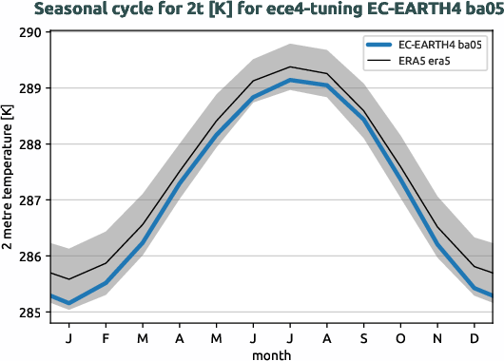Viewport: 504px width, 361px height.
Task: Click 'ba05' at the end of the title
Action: [x=476, y=10]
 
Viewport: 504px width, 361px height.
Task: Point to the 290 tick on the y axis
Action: [x=29, y=32]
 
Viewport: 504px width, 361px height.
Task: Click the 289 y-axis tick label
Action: [x=29, y=88]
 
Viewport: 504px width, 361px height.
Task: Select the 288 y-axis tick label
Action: [x=29, y=144]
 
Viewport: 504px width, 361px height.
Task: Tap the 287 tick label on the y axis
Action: [x=29, y=200]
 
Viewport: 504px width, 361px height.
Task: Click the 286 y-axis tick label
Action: [x=29, y=256]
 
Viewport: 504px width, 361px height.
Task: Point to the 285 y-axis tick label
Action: [x=29, y=313]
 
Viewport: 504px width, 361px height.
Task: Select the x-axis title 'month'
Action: [x=271, y=354]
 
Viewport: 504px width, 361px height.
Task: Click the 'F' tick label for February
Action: [x=107, y=337]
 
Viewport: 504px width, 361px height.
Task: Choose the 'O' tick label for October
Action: [x=400, y=337]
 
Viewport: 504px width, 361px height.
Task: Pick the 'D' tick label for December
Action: [x=475, y=337]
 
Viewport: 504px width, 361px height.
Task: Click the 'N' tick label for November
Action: [x=437, y=337]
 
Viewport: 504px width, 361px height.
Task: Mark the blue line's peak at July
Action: [x=290, y=81]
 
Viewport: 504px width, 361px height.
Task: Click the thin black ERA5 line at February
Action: [x=107, y=263]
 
